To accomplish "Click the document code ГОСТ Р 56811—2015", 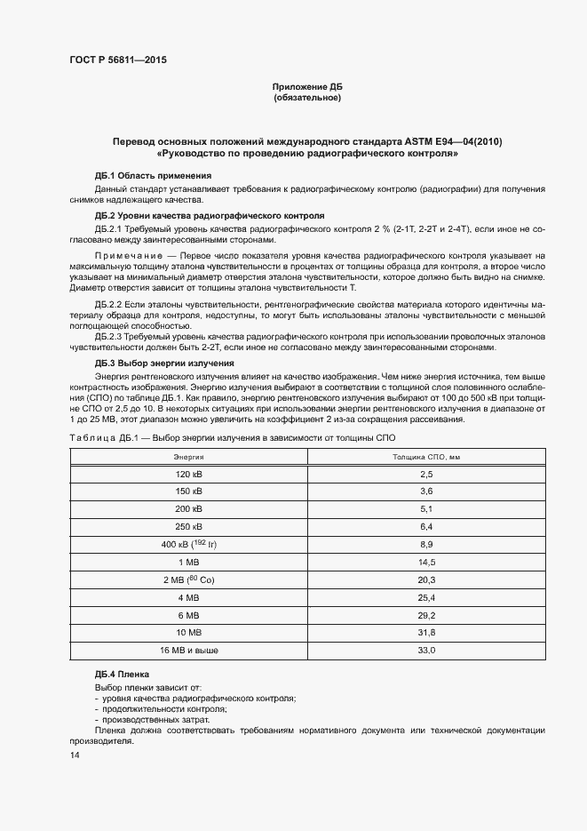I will click(118, 60).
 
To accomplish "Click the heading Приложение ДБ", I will click(306, 87).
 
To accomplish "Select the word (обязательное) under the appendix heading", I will click(306, 97).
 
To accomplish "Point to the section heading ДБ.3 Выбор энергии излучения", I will click(164, 364).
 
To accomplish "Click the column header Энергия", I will click(188, 457).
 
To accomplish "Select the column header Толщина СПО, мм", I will click(426, 457).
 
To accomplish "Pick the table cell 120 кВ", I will click(188, 475).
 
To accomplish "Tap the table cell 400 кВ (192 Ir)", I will click(188, 543).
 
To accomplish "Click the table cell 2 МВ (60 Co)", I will click(188, 579).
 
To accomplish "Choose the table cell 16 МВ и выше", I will click(188, 651).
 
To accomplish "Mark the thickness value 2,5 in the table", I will click(426, 475).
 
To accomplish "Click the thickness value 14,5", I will click(426, 562).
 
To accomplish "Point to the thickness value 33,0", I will click(426, 651).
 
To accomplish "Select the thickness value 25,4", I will click(426, 597).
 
